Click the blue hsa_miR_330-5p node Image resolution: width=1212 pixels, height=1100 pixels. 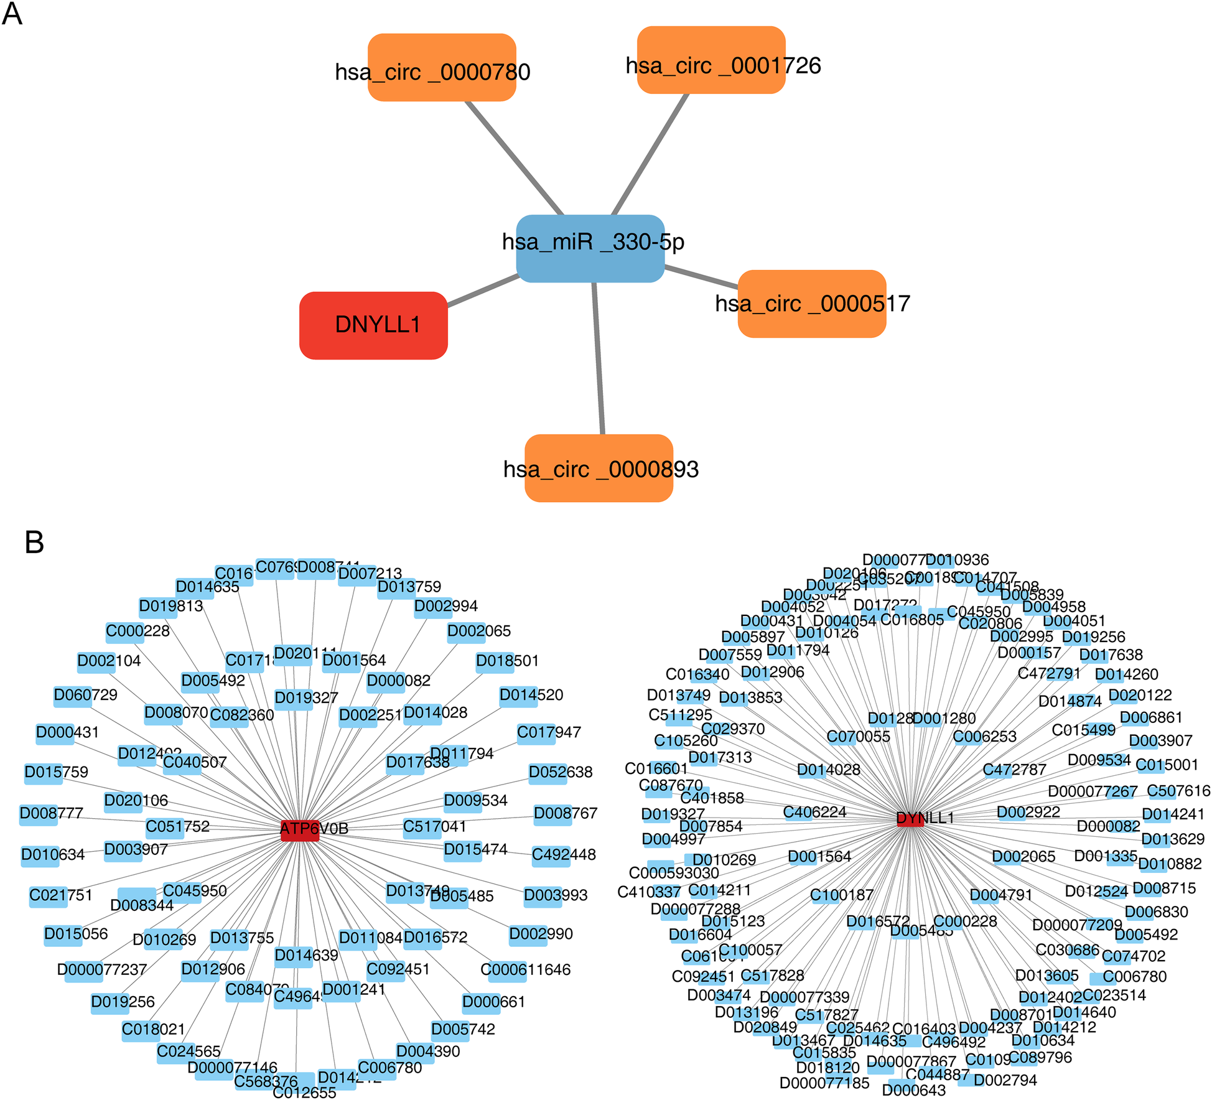pyautogui.click(x=590, y=248)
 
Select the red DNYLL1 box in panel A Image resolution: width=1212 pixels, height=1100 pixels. pyautogui.click(x=373, y=325)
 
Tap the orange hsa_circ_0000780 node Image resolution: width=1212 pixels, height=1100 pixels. pyautogui.click(x=442, y=67)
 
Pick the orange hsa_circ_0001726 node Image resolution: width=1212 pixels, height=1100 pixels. pyautogui.click(x=711, y=60)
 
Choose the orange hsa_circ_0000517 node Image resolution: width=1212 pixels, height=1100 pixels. pyautogui.click(x=812, y=304)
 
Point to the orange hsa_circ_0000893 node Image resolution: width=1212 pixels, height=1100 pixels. pyautogui.click(x=599, y=468)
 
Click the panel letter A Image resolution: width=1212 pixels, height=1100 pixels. pyautogui.click(x=12, y=14)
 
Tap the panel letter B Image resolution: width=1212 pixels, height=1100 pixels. pyautogui.click(x=34, y=542)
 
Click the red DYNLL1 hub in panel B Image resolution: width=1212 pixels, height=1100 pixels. pyautogui.click(x=910, y=819)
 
